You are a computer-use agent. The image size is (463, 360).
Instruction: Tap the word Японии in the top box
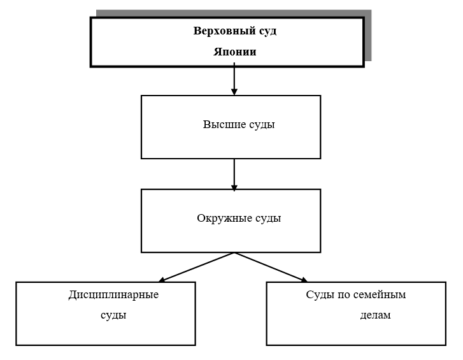click(x=234, y=52)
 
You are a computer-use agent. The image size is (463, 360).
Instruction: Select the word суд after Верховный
click(x=267, y=31)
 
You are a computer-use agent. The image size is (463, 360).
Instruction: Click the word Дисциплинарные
click(x=113, y=295)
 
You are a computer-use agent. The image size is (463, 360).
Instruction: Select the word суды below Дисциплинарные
click(x=113, y=315)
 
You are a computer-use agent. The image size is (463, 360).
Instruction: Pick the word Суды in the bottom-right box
click(x=318, y=295)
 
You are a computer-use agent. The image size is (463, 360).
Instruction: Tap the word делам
click(x=375, y=315)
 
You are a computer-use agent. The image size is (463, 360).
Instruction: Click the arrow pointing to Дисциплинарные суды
click(x=196, y=267)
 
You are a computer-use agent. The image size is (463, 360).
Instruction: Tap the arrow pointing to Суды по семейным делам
click(x=271, y=267)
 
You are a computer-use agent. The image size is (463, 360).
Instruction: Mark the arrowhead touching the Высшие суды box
click(x=234, y=92)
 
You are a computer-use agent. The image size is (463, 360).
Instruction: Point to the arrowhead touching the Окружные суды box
click(x=234, y=187)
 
